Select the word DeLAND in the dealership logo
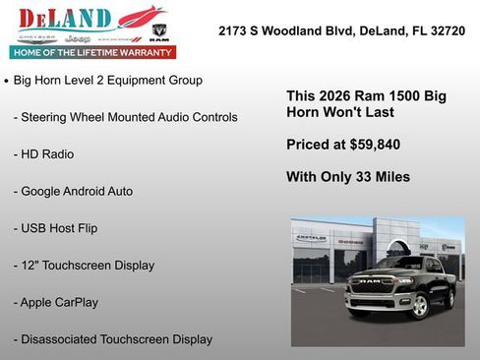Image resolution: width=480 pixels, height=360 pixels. pos(64,19)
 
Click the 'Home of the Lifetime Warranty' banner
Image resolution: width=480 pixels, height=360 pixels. pos(91,52)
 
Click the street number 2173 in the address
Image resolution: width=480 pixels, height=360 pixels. pos(233,31)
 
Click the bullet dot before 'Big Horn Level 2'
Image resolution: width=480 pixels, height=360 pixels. pos(7,81)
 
